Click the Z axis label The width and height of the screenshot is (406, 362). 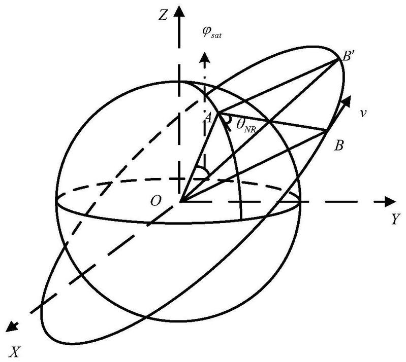[x=163, y=16]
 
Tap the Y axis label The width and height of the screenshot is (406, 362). [x=396, y=219]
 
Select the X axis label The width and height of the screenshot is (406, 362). [x=15, y=352]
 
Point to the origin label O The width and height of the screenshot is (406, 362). [x=155, y=201]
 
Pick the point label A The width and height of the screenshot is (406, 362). [x=208, y=118]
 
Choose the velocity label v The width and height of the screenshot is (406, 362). [x=363, y=113]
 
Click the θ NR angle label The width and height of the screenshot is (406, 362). [x=246, y=125]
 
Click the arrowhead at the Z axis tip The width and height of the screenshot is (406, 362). [x=179, y=10]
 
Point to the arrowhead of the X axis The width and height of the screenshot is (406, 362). [x=12, y=326]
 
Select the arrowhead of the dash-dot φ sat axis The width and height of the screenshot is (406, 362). [x=205, y=57]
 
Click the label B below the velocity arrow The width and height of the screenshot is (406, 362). [x=339, y=146]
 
